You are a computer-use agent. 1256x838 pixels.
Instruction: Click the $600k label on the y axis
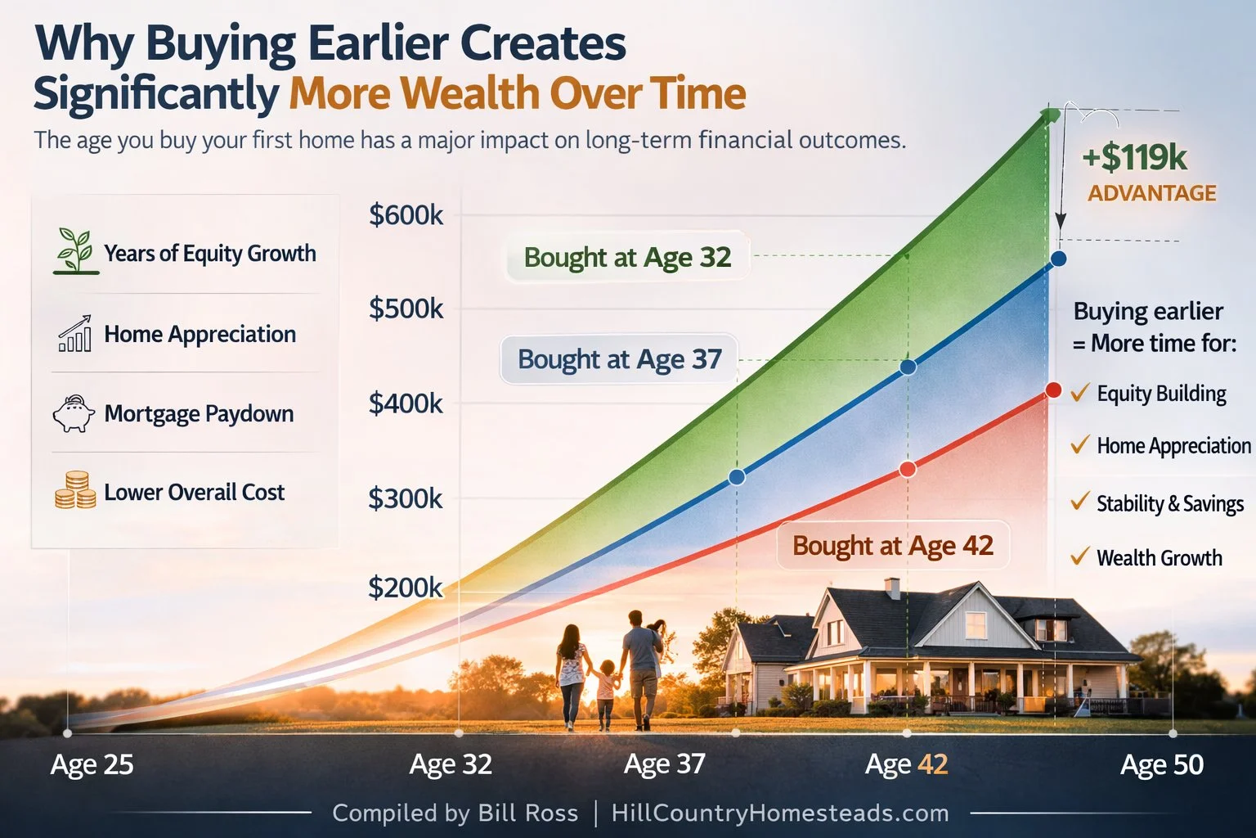[406, 215]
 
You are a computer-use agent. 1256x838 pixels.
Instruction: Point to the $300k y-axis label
[406, 498]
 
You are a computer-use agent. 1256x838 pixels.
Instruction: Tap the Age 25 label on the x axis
[92, 764]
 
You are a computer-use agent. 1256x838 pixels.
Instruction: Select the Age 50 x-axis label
[1162, 764]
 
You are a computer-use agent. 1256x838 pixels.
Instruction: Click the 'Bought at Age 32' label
[627, 257]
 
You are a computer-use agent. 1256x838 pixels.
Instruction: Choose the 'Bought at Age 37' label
[619, 359]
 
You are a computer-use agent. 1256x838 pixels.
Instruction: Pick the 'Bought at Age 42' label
[893, 546]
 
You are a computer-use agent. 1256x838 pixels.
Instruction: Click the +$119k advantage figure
[1134, 158]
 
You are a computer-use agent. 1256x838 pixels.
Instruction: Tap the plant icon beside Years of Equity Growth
[75, 251]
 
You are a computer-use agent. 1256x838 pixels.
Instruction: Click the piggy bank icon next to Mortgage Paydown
[74, 413]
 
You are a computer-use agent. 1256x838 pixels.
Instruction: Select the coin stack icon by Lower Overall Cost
[75, 490]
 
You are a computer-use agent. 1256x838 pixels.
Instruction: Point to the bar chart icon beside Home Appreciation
[75, 334]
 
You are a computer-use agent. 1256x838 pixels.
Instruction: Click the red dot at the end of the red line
[1053, 390]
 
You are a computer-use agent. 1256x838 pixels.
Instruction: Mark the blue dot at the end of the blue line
[1058, 259]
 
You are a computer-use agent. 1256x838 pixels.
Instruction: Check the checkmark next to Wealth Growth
[1080, 557]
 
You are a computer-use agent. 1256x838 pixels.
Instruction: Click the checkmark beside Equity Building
[1080, 393]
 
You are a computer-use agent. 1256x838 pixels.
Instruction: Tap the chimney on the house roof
[892, 588]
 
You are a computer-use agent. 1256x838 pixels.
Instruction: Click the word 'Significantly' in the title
[156, 93]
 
